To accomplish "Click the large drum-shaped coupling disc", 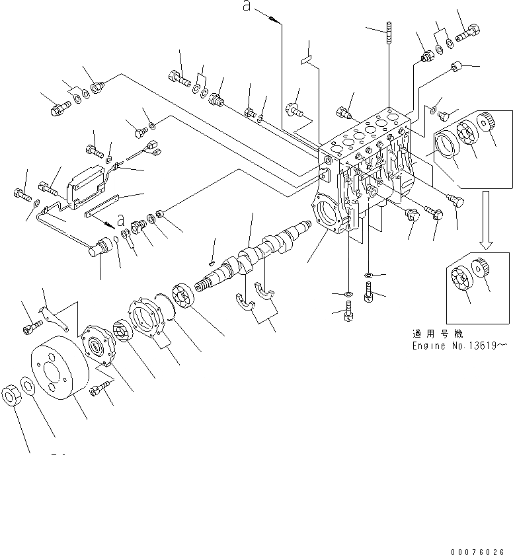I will point(57,373).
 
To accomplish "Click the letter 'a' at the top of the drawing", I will point(247,7).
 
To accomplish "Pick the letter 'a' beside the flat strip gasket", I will point(120,219).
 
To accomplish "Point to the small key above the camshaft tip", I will point(212,262).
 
